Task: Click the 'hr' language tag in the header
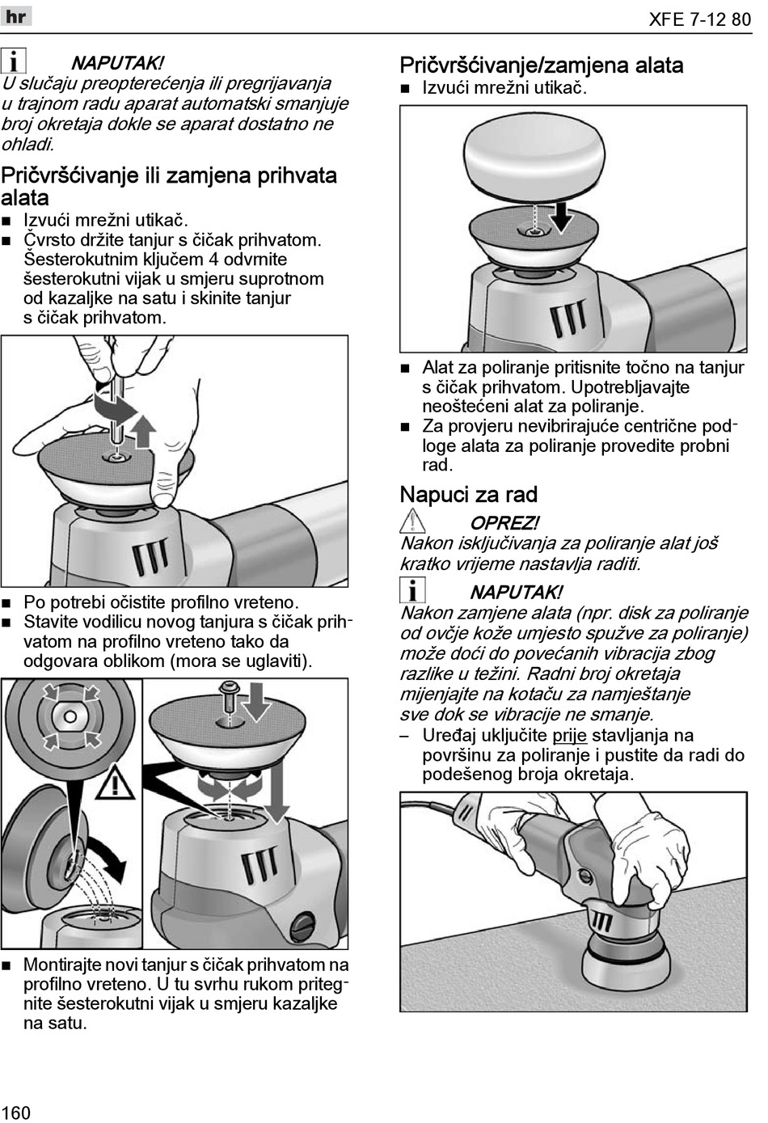pyautogui.click(x=16, y=16)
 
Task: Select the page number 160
pyautogui.click(x=16, y=1112)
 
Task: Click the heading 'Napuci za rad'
pyautogui.click(x=468, y=495)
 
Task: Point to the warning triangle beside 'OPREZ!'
pyautogui.click(x=412, y=523)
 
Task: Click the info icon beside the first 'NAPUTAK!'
pyautogui.click(x=14, y=61)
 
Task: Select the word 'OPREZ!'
pyautogui.click(x=504, y=523)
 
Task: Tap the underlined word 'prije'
pyautogui.click(x=570, y=735)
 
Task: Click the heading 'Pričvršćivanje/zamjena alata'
pyautogui.click(x=542, y=65)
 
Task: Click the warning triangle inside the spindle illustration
pyautogui.click(x=119, y=783)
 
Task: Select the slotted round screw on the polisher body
pyautogui.click(x=305, y=922)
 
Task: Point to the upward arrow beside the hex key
pyautogui.click(x=142, y=431)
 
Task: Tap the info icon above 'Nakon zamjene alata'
pyautogui.click(x=412, y=592)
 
